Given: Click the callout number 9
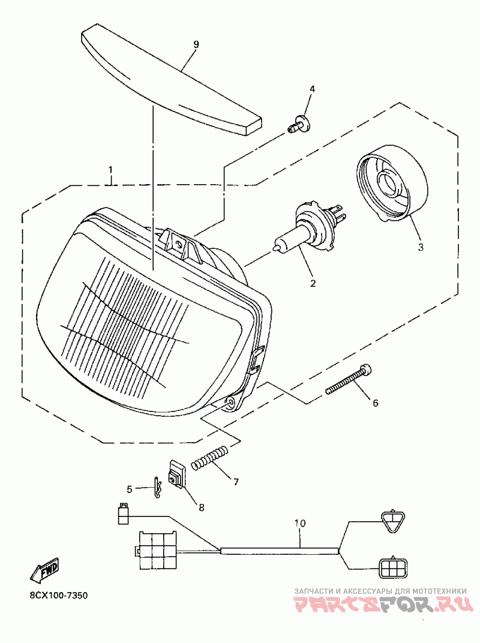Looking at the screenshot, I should click(196, 45).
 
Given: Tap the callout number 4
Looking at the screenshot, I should click(311, 89).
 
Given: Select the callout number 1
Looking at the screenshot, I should click(111, 170).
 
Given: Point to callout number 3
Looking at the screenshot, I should click(420, 247).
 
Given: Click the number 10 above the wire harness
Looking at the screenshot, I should click(300, 523).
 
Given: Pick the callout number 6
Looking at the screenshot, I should click(376, 403).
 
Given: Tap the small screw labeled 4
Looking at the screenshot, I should click(298, 126).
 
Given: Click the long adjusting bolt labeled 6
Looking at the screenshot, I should click(349, 380).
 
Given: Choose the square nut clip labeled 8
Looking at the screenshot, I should click(176, 474).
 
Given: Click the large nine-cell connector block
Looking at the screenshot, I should click(158, 549).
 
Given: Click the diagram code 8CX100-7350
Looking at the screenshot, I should click(59, 596).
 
